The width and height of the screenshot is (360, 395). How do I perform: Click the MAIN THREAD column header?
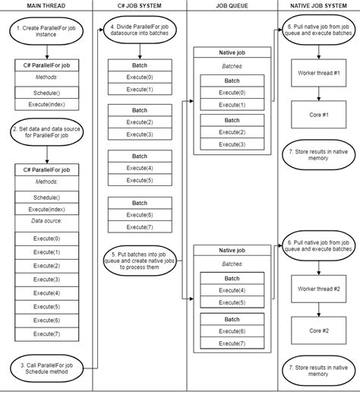[x=46, y=7]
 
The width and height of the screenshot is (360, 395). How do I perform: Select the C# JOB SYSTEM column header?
[x=140, y=7]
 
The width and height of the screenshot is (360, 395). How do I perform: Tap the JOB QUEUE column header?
[x=229, y=7]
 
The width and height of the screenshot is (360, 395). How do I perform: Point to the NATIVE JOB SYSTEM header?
[x=318, y=7]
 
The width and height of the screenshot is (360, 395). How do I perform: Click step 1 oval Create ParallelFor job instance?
[x=46, y=32]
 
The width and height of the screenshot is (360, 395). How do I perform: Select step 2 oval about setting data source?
[x=46, y=134]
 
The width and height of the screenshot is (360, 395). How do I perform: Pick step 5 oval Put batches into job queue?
[x=140, y=260]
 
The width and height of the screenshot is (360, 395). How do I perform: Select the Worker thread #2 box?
[x=318, y=289]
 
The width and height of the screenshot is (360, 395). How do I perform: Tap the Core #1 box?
[x=318, y=115]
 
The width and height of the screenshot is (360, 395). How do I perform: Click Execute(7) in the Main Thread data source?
[x=46, y=333]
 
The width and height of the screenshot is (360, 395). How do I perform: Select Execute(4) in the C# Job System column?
[x=140, y=168]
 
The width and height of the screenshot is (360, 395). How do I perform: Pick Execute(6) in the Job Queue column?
[x=229, y=331]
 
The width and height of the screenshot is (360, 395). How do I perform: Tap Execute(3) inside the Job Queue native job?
[x=229, y=144]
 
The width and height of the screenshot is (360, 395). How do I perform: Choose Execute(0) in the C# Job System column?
[x=140, y=77]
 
